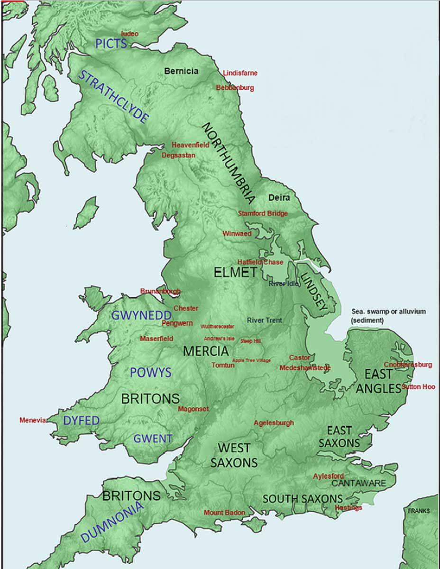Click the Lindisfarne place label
240,73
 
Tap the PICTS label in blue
111,44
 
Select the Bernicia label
181,71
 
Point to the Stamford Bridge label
262,213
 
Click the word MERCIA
206,351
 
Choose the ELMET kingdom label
235,273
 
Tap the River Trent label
264,321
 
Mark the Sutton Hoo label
418,386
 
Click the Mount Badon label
224,513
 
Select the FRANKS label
419,511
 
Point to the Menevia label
33,420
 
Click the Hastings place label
348,507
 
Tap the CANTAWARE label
358,483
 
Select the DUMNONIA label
111,522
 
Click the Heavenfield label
190,145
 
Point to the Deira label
279,197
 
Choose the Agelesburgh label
274,422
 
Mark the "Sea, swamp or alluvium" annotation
388,316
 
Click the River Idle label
283,284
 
